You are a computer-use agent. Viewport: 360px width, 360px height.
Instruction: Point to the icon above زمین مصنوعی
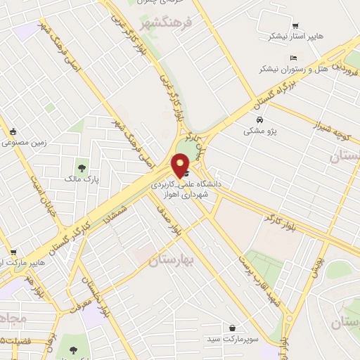coord(13,131)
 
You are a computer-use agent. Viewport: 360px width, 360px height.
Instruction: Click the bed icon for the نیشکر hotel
coord(293,58)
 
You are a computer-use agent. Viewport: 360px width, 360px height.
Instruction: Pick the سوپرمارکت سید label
coord(234,340)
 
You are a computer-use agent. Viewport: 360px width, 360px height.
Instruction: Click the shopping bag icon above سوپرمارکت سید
coord(233,328)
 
